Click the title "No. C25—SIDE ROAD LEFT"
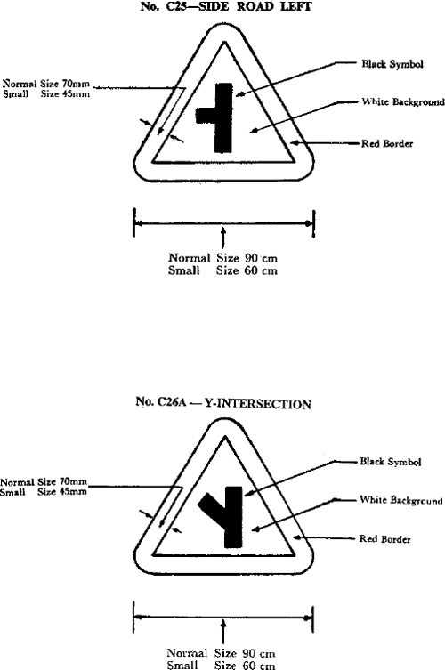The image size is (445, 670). pyautogui.click(x=226, y=6)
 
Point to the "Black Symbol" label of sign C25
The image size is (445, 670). pyautogui.click(x=392, y=64)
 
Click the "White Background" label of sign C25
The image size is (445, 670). pyautogui.click(x=402, y=101)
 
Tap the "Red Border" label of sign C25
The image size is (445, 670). pyautogui.click(x=387, y=143)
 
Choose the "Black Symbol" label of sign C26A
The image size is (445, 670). pyautogui.click(x=391, y=462)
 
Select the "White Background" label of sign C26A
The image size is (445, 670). pyautogui.click(x=401, y=500)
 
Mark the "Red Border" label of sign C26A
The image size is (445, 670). pyautogui.click(x=384, y=539)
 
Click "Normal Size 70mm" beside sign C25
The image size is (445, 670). pyautogui.click(x=46, y=83)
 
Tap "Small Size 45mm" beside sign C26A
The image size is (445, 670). pyautogui.click(x=44, y=492)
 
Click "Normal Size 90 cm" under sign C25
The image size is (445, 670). pyautogui.click(x=222, y=258)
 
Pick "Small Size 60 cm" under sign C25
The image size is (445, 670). pyautogui.click(x=222, y=270)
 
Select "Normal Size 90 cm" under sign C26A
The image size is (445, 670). pyautogui.click(x=221, y=653)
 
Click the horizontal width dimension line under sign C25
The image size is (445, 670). pyautogui.click(x=224, y=222)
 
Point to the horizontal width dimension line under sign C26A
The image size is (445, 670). pyautogui.click(x=223, y=618)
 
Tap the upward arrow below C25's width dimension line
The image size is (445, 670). pyautogui.click(x=222, y=238)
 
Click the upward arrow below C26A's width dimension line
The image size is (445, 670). pyautogui.click(x=222, y=632)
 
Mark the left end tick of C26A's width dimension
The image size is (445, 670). pyautogui.click(x=134, y=617)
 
